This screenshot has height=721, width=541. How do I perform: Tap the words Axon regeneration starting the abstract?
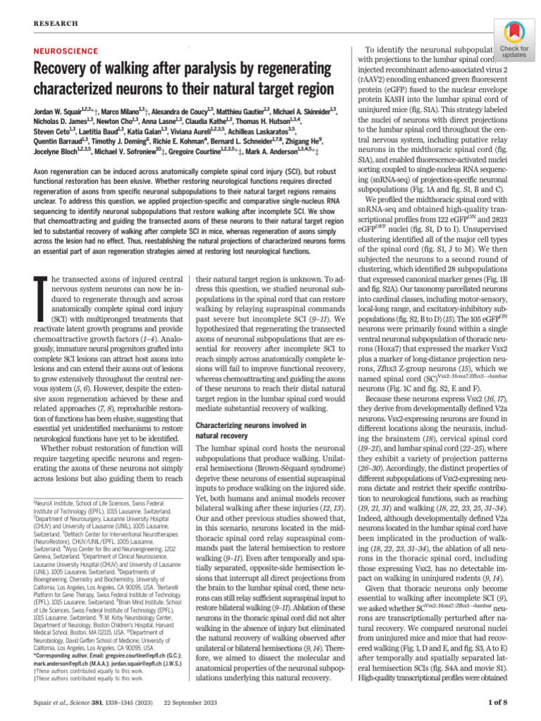click(65, 192)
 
